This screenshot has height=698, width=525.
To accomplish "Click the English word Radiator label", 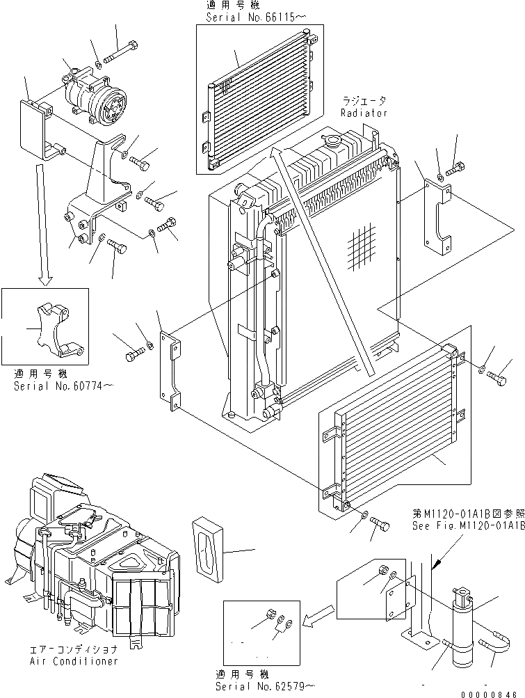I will click(364, 112).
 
